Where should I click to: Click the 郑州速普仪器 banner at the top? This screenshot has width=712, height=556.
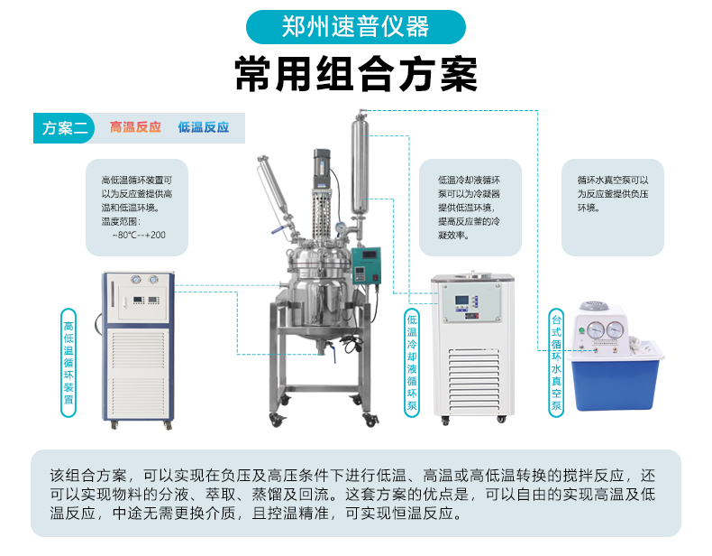(x=355, y=27)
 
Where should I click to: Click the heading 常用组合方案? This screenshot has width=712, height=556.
(x=356, y=75)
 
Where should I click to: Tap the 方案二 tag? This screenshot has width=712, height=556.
(x=64, y=128)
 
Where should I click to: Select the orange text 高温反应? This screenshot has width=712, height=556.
(x=135, y=127)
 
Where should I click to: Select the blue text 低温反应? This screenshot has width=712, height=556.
(x=204, y=127)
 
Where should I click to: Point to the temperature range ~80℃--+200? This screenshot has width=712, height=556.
(x=139, y=235)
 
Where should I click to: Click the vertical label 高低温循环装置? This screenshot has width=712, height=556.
(x=68, y=363)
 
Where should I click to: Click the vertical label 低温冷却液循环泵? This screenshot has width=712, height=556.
(x=412, y=363)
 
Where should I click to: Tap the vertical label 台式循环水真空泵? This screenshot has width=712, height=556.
(x=556, y=363)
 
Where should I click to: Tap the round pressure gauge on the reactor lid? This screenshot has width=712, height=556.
(x=339, y=227)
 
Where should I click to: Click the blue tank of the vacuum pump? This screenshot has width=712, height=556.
(x=615, y=381)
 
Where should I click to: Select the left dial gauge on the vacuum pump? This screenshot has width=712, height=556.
(x=596, y=329)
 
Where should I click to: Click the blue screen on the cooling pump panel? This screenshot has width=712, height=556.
(x=461, y=301)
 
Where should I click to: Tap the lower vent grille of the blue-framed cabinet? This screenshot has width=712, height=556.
(x=138, y=393)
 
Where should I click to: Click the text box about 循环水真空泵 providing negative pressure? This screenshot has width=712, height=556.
(x=613, y=208)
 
